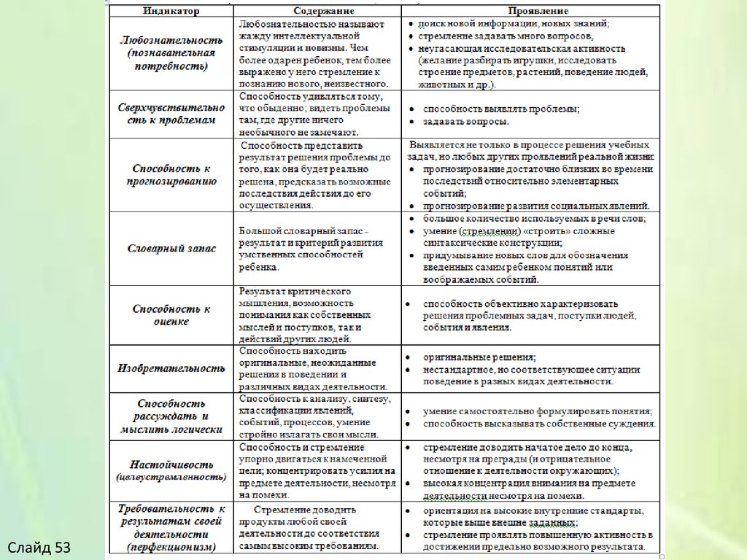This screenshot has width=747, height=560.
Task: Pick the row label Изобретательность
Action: pos(171,367)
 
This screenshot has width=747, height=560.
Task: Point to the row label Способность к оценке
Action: pos(171,314)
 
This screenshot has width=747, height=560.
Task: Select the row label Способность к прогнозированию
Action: pos(171,175)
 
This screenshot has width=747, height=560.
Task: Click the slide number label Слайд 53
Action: pos(39,546)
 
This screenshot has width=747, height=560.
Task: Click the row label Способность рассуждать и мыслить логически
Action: pos(171,416)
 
